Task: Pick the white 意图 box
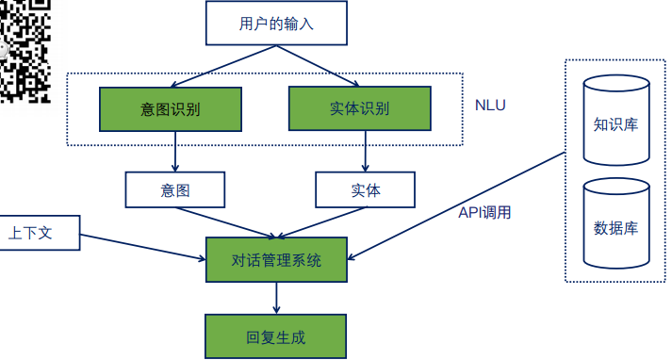point(175,189)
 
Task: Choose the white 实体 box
point(365,189)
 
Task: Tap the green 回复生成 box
point(276,335)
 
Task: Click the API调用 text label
point(484,213)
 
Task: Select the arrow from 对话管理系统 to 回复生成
point(276,298)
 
